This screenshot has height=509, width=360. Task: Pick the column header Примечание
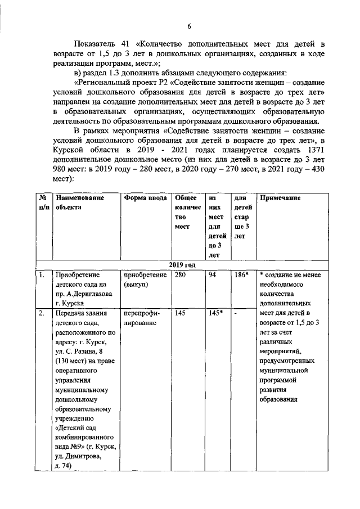click(x=280, y=198)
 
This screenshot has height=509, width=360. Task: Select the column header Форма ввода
click(x=145, y=198)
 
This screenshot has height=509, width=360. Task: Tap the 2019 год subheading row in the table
click(x=182, y=264)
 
